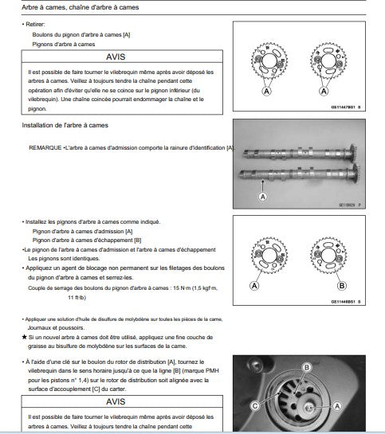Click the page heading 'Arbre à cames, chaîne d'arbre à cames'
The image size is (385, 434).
[x=80, y=7]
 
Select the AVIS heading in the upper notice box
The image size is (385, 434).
[x=116, y=57]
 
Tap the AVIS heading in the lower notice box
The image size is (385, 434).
[x=116, y=401]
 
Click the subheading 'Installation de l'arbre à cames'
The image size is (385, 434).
[x=65, y=125]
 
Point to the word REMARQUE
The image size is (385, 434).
[x=45, y=148]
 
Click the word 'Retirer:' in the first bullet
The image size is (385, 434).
[x=35, y=25]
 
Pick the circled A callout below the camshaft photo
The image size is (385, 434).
[x=262, y=197]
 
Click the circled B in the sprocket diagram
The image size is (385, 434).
[x=342, y=286]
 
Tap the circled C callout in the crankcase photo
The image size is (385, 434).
[x=255, y=406]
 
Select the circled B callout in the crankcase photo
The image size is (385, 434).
[x=307, y=367]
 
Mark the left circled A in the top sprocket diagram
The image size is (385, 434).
[x=266, y=91]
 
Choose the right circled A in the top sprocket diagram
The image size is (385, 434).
[x=324, y=91]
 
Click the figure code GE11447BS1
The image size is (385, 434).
[x=343, y=108]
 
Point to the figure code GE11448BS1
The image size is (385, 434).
[x=343, y=302]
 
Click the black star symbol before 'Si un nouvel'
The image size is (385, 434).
[x=25, y=337]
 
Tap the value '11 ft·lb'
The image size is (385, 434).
[x=77, y=298]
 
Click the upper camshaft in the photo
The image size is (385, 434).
[x=300, y=154]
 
